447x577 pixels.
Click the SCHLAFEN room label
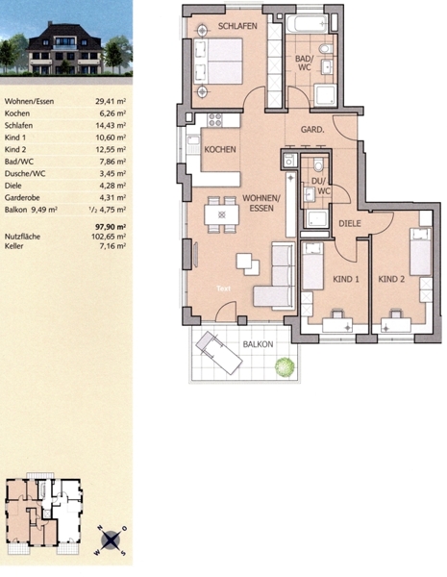[x=237, y=26]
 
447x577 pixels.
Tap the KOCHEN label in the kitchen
[x=220, y=149]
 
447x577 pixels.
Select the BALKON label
[x=258, y=344]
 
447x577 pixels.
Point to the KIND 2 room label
[x=391, y=279]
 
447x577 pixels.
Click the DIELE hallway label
[x=350, y=223]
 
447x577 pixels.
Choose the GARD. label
[x=312, y=130]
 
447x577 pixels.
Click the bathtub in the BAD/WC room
[x=307, y=23]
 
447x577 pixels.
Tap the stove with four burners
[x=215, y=120]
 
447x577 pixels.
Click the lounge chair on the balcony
[x=219, y=353]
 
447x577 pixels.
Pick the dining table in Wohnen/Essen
[x=221, y=214]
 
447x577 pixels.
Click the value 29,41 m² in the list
[x=111, y=101]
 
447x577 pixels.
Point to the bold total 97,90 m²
[x=111, y=227]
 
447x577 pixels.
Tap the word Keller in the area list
[x=14, y=246]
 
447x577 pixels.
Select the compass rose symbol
[x=111, y=540]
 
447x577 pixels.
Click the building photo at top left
[x=66, y=38]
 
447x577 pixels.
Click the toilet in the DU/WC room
[x=318, y=164]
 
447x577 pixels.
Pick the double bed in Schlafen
[x=218, y=61]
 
